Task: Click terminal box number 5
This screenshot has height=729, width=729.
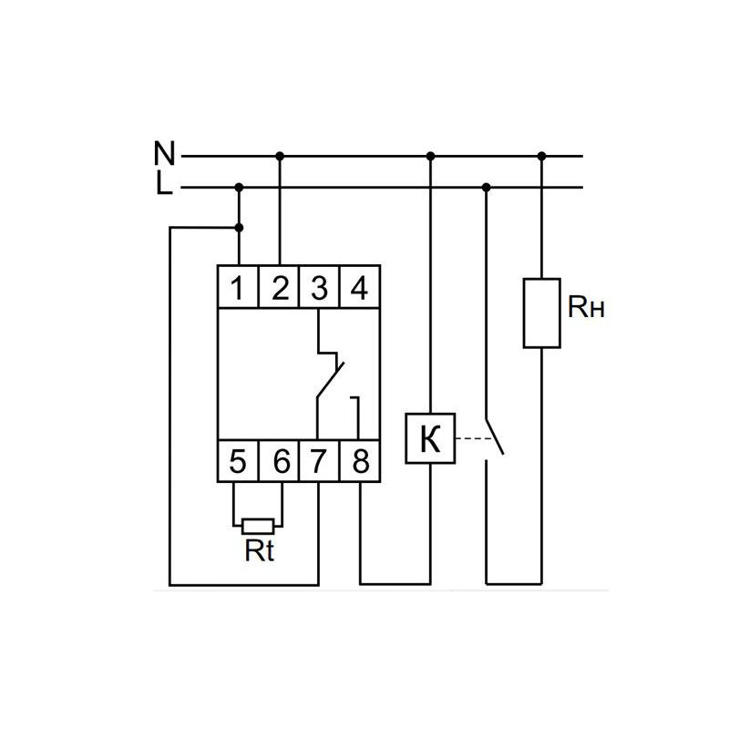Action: [238, 461]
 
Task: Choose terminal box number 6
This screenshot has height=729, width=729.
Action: [279, 461]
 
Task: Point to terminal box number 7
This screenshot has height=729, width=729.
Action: [319, 461]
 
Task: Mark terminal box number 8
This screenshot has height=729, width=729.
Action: [359, 461]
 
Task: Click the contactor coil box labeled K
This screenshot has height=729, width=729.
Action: [430, 438]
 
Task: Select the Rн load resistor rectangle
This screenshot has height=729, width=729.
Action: [541, 313]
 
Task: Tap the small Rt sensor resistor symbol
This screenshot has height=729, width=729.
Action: [259, 525]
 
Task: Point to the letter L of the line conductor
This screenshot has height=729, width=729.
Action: [163, 185]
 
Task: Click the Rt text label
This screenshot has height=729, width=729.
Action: [259, 551]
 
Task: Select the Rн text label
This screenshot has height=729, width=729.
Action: [586, 308]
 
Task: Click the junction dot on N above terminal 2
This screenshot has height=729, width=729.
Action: [280, 156]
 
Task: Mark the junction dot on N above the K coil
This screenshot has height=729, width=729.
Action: [430, 156]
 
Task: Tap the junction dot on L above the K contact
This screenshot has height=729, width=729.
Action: [486, 188]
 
